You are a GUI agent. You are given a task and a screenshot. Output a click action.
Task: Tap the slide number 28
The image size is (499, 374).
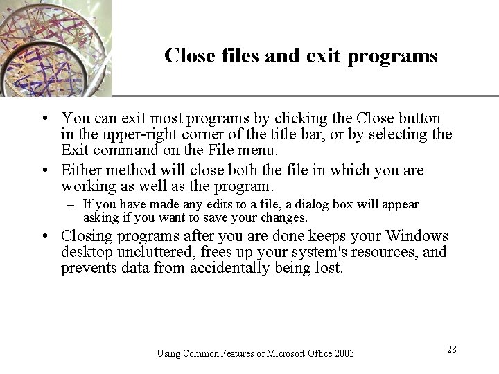click(x=451, y=349)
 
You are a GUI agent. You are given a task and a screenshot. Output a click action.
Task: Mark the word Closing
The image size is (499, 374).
click(x=88, y=237)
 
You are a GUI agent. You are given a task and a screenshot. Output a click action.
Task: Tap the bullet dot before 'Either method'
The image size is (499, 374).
click(x=44, y=171)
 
